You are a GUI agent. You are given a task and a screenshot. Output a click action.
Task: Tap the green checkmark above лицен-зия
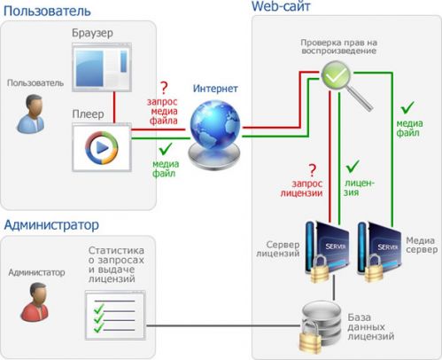352,166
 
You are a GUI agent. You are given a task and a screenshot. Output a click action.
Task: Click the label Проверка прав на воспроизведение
341,45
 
